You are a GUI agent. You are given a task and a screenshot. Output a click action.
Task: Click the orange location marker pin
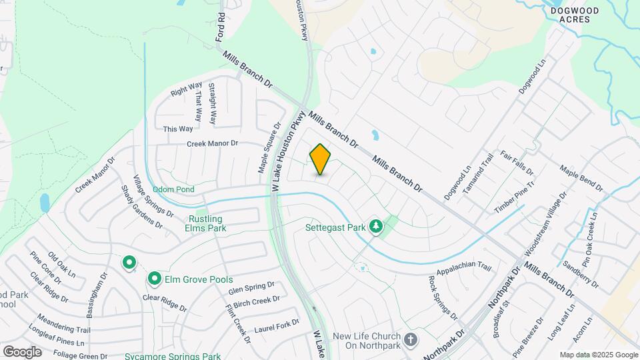320,159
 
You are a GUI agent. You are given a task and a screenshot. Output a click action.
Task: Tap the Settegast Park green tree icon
376,227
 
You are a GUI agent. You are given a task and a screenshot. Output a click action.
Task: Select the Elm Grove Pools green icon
154,278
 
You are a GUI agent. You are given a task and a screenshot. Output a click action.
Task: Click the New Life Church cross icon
411,339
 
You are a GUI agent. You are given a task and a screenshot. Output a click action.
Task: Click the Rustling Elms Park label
206,223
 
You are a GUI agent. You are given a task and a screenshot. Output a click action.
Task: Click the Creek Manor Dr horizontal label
212,143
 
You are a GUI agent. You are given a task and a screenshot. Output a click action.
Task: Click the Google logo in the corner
22,351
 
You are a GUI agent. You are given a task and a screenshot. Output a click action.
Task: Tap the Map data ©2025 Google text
599,355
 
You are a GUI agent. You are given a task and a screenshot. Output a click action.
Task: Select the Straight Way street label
211,104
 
